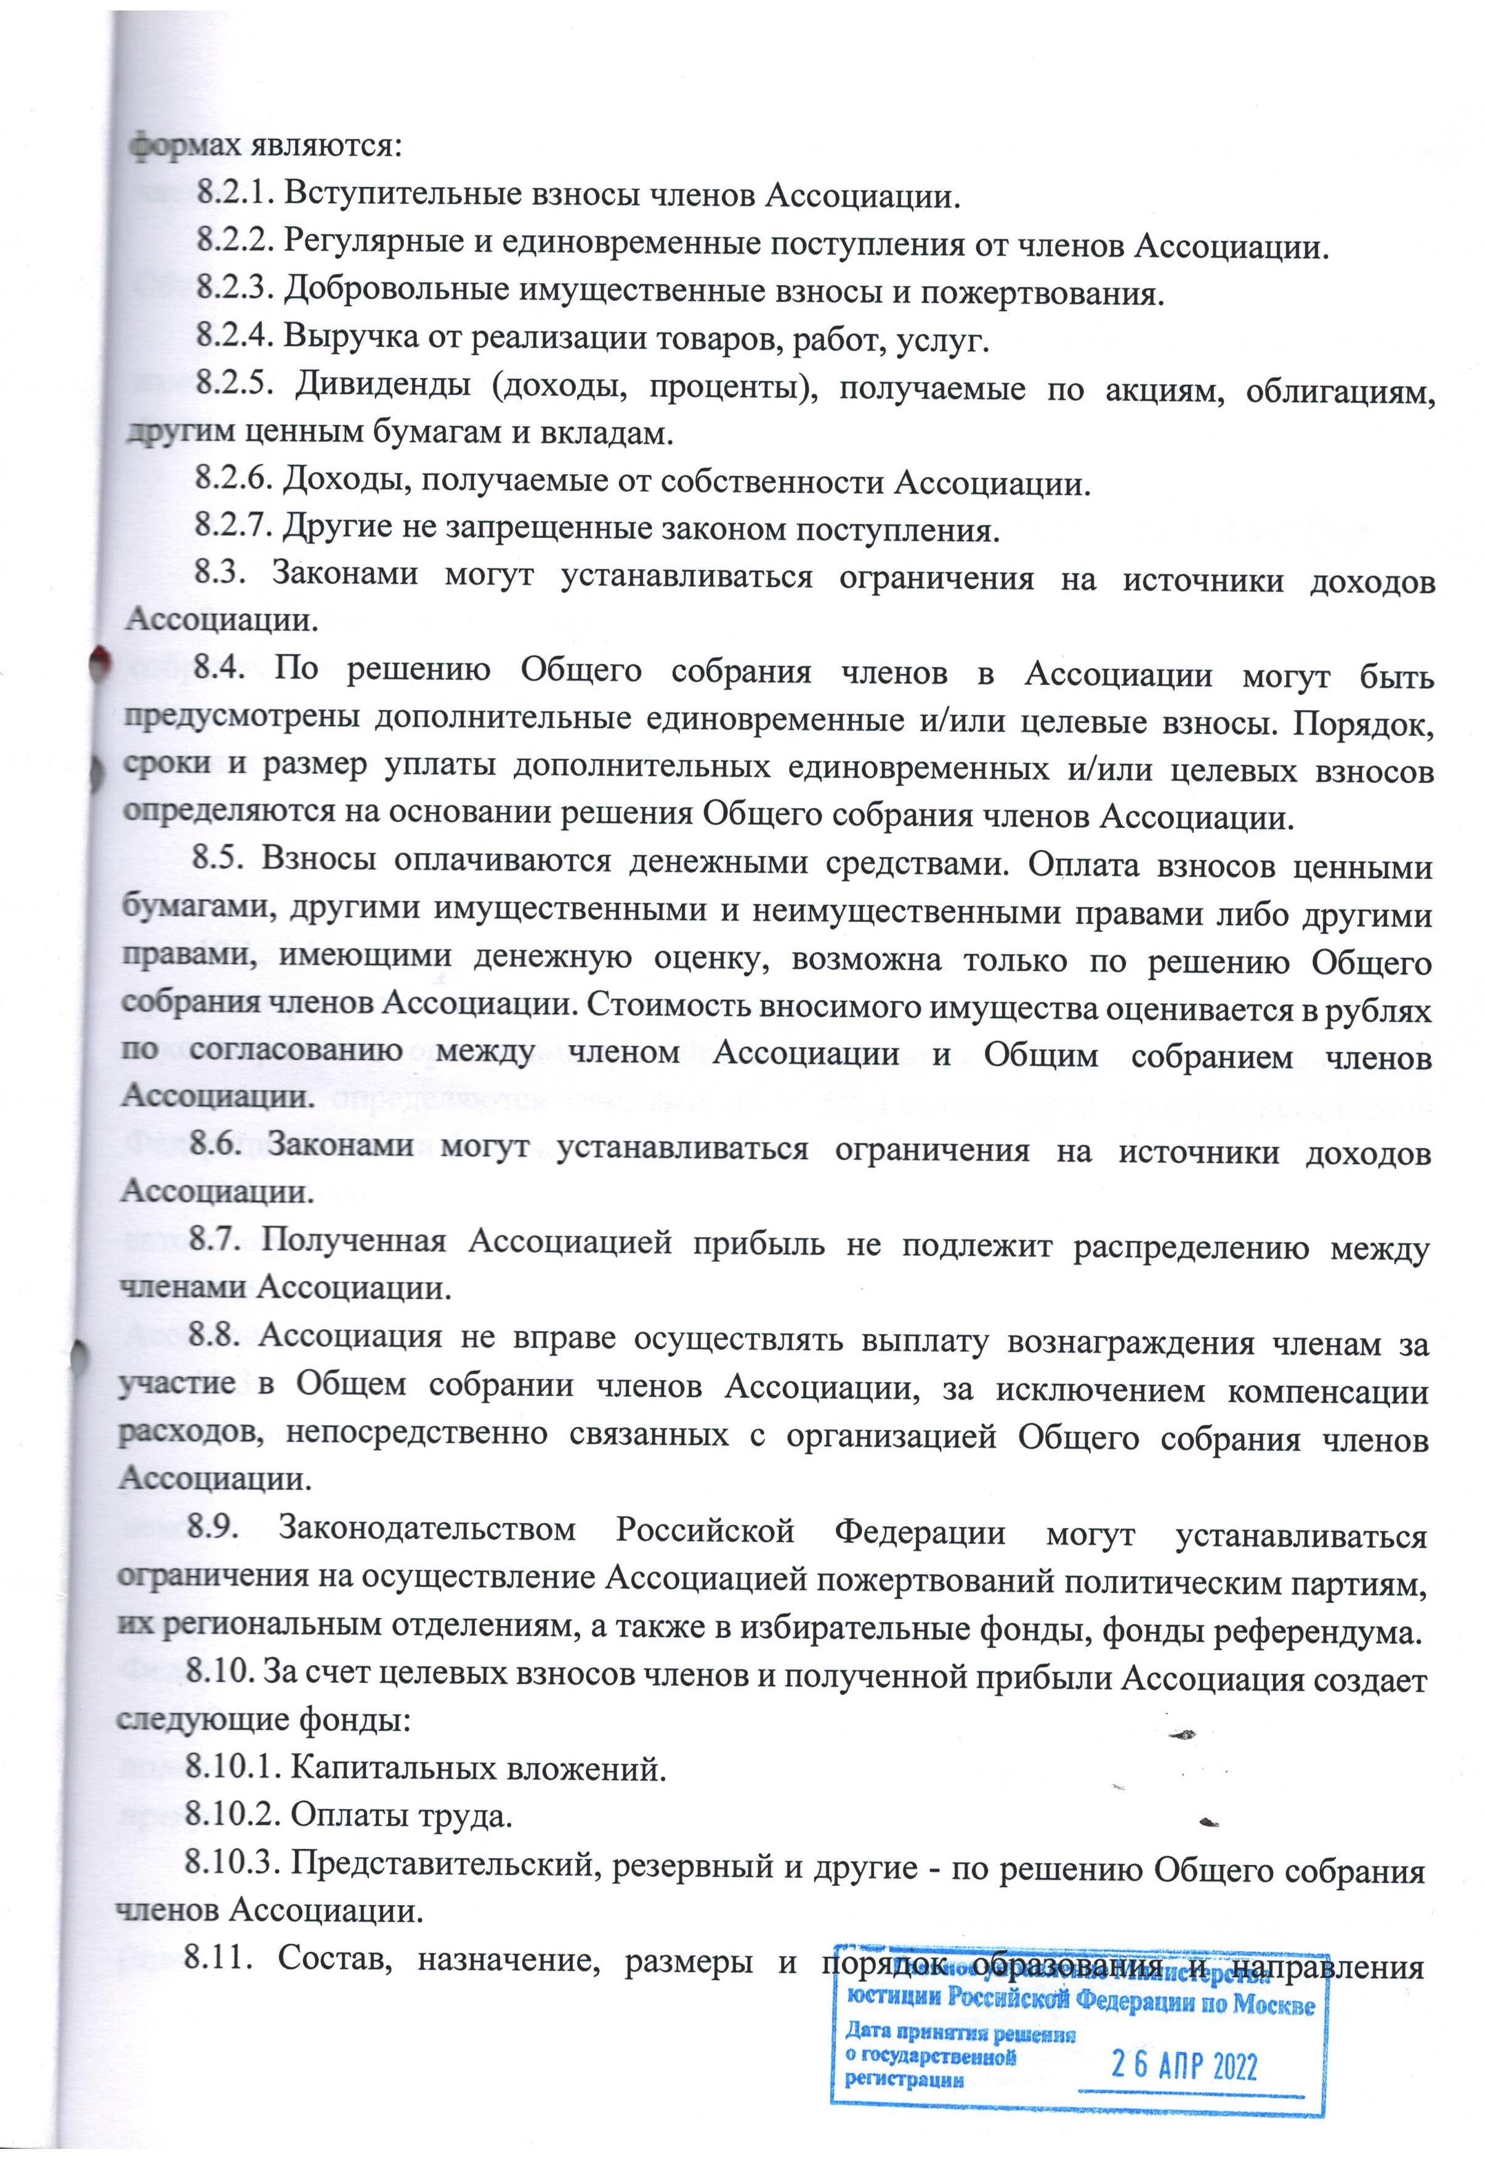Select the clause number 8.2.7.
click(233, 530)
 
